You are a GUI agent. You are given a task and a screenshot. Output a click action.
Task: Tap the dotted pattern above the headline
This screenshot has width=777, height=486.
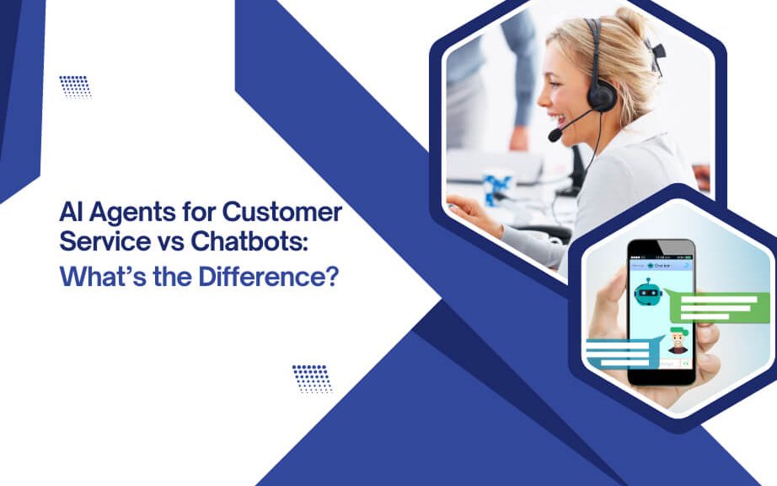click(75, 86)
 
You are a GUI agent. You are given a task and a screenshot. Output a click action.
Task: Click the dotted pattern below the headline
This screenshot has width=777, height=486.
click(312, 377)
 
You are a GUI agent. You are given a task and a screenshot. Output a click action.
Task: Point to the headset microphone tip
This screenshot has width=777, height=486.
click(554, 135)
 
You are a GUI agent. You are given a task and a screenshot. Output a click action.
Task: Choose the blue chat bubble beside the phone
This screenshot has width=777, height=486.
click(619, 353)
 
